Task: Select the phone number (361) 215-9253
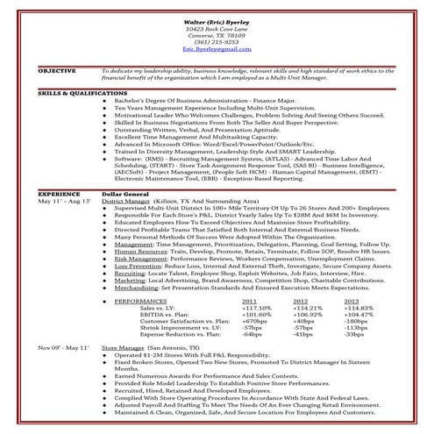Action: [x=216, y=41]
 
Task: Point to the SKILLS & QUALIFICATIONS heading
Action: [x=77, y=91]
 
